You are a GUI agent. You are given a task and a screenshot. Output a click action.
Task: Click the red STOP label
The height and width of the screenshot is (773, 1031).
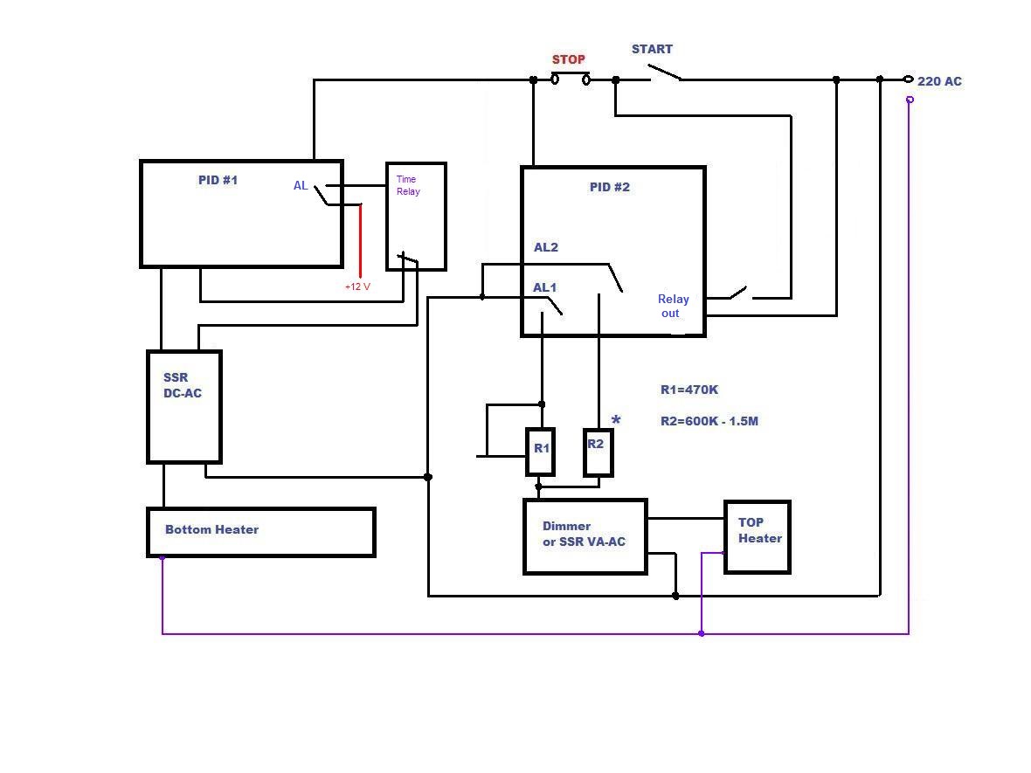568,59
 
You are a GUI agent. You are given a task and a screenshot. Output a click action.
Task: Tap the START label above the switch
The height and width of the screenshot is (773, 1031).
652,49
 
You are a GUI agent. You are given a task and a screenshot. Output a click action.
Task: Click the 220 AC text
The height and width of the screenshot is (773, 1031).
939,81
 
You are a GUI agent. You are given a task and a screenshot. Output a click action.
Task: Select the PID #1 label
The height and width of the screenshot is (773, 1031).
218,180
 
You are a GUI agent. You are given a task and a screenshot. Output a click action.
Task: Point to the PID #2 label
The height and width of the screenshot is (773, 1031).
610,187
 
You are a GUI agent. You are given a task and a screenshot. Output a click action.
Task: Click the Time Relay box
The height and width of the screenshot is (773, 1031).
416,217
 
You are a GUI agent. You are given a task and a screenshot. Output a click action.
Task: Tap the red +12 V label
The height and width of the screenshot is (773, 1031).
357,286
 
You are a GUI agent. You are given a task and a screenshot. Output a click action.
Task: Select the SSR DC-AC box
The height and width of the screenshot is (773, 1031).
183,407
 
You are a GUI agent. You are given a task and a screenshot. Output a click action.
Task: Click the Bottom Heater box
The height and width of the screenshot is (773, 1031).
260,532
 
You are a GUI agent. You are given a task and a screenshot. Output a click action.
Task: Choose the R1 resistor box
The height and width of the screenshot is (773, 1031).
540,452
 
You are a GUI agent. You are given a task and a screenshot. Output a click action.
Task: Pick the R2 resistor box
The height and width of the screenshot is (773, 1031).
598,452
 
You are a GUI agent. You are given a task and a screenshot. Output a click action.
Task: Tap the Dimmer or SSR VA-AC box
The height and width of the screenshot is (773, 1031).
585,536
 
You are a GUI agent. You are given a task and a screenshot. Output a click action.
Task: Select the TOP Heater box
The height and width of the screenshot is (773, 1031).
758,536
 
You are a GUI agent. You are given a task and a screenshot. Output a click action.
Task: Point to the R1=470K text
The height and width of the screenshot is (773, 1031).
689,390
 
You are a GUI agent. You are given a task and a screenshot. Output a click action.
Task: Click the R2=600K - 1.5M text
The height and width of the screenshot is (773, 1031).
709,421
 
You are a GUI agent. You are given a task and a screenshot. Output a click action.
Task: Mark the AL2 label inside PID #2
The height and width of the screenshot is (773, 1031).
546,247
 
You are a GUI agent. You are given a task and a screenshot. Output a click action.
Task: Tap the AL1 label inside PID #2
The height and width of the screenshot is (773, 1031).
544,287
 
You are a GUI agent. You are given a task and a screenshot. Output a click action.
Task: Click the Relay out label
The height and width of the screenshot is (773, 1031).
673,306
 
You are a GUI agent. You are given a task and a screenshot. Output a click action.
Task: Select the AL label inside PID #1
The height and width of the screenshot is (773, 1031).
301,185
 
